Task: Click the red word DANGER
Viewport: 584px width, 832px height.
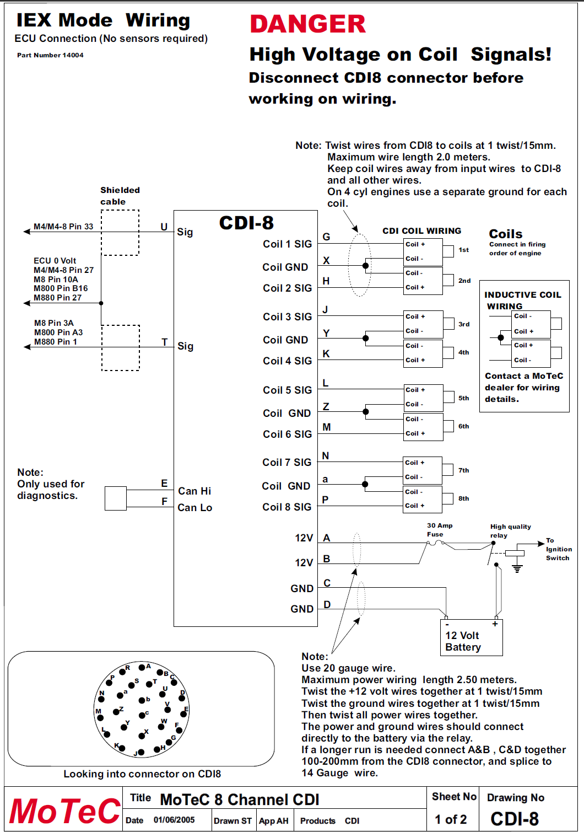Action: click(x=307, y=24)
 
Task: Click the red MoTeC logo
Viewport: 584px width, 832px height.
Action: click(x=64, y=811)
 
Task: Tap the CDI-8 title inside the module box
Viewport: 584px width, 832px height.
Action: click(x=246, y=223)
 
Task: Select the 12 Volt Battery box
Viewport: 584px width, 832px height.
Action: click(x=471, y=637)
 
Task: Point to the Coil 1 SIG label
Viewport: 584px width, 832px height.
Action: click(x=287, y=244)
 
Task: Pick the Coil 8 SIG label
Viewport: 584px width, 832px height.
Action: click(x=286, y=507)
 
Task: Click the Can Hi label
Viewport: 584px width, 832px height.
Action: click(x=194, y=491)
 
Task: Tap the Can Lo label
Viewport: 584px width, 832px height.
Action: click(x=194, y=508)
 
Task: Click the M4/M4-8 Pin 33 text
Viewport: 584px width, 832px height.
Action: click(x=63, y=227)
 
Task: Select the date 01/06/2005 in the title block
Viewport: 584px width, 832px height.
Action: click(x=174, y=820)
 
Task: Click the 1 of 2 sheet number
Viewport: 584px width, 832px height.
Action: click(x=451, y=820)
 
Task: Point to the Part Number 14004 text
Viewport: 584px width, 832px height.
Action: click(x=50, y=55)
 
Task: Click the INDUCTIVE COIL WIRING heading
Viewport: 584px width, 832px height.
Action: click(x=522, y=300)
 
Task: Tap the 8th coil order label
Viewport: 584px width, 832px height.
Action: click(x=464, y=498)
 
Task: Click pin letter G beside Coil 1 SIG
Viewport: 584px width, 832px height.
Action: click(x=326, y=237)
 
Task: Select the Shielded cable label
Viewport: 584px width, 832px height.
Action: click(x=120, y=196)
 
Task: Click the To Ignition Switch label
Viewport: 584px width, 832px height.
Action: click(x=558, y=549)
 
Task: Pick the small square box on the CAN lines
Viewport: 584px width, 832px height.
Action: click(x=116, y=498)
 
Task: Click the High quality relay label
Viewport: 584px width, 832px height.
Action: click(x=510, y=531)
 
